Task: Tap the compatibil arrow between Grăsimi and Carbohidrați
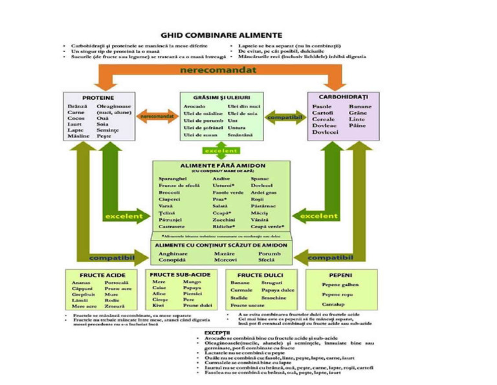point(285,117)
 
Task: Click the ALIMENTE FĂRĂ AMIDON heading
point(221,165)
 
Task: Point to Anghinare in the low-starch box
point(172,254)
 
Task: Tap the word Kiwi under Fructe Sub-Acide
point(158,305)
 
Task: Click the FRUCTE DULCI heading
point(258,275)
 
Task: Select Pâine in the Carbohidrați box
point(357,125)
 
